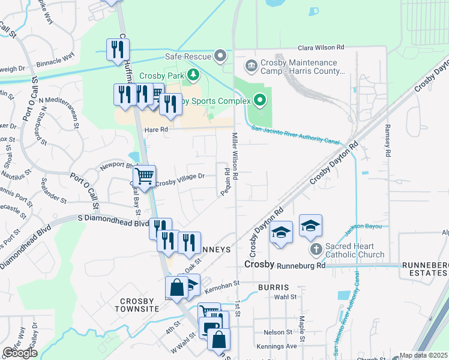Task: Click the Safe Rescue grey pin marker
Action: click(221, 57)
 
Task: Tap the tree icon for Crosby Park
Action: click(193, 75)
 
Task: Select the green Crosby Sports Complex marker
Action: click(259, 100)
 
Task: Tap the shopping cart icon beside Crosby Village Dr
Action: click(144, 176)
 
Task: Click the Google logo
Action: click(20, 353)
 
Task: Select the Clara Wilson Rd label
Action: click(322, 47)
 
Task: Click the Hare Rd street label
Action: click(154, 130)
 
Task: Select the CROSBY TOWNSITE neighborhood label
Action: click(139, 304)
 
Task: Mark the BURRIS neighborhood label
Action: click(274, 287)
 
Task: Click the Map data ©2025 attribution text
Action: click(423, 355)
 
